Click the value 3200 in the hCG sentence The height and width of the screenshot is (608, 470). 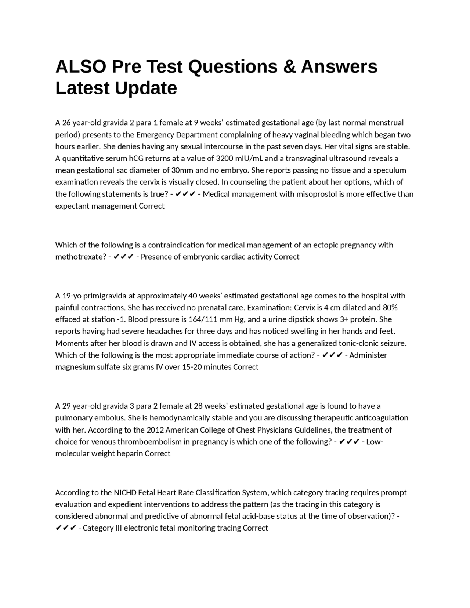(x=225, y=158)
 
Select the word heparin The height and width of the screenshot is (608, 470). (x=130, y=453)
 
